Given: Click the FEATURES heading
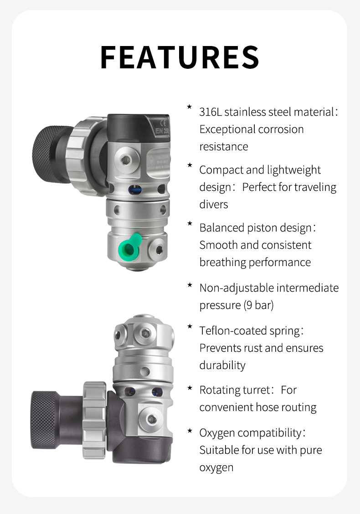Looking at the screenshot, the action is [x=180, y=57].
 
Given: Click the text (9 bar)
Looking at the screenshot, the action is [x=258, y=305].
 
